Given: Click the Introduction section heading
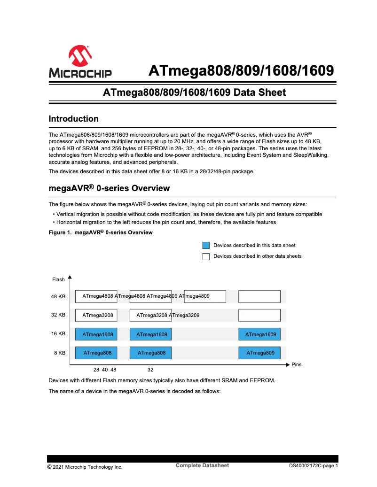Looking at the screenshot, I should (74, 119).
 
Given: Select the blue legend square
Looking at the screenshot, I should (206, 246).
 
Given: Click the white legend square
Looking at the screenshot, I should (206, 256).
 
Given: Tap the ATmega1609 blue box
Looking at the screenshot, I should (259, 334).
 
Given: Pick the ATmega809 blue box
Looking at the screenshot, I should (259, 353).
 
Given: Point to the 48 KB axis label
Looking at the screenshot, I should (58, 297).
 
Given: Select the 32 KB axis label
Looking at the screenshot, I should (58, 315).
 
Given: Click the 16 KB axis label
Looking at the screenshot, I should (58, 334).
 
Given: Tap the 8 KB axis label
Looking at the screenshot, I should (60, 353).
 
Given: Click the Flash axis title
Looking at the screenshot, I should (58, 280).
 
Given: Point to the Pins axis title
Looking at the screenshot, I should (296, 365).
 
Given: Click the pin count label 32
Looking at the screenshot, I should (150, 370).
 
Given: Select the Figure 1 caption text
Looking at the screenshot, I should (101, 233).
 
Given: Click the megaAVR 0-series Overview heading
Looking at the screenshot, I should (109, 189).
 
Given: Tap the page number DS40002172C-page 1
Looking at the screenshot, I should (313, 467).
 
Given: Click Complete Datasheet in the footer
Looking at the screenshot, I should (202, 465).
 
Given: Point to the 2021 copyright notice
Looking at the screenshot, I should (85, 467).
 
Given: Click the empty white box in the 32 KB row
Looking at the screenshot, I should (259, 315).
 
